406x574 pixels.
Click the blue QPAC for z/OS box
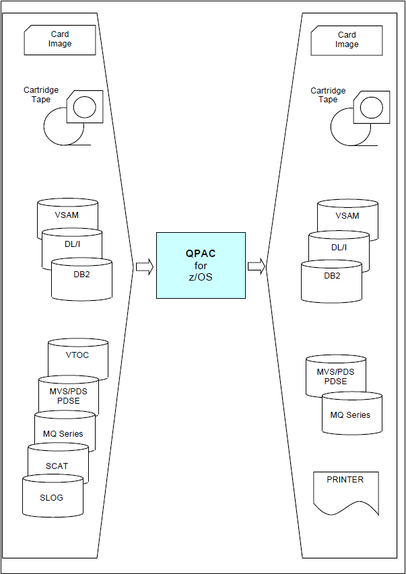[201, 265]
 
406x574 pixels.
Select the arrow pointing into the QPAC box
[144, 267]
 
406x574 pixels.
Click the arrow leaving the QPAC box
[257, 267]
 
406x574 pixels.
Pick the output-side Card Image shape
[347, 40]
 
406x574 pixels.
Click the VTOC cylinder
[77, 356]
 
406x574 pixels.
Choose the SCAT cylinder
[57, 466]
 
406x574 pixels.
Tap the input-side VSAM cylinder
[67, 216]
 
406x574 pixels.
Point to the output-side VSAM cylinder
[347, 217]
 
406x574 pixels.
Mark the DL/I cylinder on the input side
[72, 247]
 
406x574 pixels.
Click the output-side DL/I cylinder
[339, 248]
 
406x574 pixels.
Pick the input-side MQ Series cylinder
[64, 434]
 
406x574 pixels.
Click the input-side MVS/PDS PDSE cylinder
[69, 396]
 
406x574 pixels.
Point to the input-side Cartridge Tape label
[41, 95]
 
